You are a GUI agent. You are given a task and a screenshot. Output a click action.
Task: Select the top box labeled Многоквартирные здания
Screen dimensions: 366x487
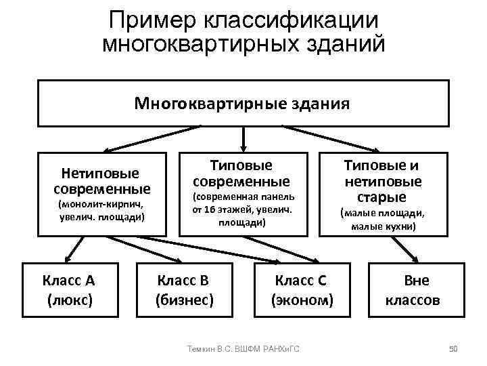click(243, 103)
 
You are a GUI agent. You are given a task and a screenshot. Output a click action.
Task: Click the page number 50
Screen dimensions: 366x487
click(454, 348)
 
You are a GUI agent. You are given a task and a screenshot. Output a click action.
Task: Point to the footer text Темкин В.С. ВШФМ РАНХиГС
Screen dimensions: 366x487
click(244, 348)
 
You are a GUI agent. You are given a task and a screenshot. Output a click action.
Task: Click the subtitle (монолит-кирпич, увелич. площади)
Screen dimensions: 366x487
click(102, 210)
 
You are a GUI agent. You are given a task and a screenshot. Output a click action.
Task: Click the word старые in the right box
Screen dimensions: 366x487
click(383, 197)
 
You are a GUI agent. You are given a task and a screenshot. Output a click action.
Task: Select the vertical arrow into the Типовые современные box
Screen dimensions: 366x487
click(243, 139)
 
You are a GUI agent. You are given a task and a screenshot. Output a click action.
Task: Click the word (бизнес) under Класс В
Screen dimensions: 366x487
click(184, 299)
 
